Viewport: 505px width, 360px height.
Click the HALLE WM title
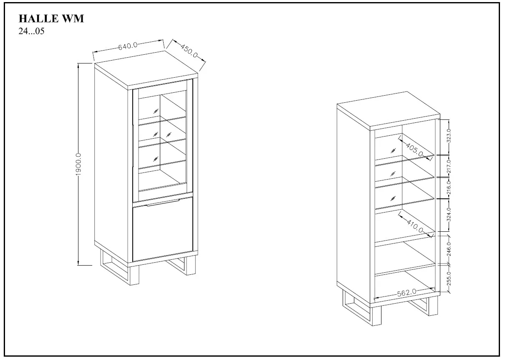pos(51,18)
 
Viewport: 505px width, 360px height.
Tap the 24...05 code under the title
pos(31,31)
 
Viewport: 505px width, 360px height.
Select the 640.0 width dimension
pos(128,46)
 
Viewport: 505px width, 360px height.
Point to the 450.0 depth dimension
pos(189,51)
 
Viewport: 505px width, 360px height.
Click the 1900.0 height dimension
pos(78,164)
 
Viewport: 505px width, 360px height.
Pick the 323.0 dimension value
pos(449,136)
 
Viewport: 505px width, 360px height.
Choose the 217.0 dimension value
pos(449,166)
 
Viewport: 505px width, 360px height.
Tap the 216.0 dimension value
pos(449,188)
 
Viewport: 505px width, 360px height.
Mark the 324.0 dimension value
pos(449,215)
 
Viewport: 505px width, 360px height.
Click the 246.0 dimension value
pos(449,249)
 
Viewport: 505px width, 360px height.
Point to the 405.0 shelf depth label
pos(414,150)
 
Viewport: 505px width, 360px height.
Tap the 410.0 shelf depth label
pos(415,226)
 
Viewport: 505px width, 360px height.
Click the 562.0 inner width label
pos(407,293)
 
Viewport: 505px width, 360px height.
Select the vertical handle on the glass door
pos(133,147)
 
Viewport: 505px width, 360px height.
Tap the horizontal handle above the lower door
pos(162,203)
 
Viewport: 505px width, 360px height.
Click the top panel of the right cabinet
pos(388,111)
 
